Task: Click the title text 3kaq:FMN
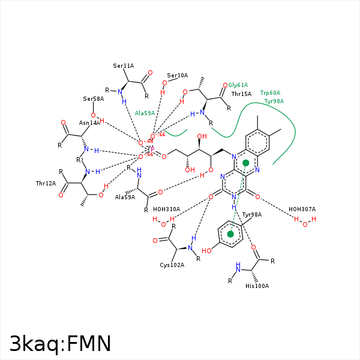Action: (x=60, y=343)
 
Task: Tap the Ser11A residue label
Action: (x=124, y=65)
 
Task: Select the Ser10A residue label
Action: (x=178, y=76)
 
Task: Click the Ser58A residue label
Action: (x=94, y=98)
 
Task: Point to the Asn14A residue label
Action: (x=89, y=122)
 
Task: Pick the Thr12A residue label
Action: (x=46, y=183)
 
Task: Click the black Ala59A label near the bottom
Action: (x=125, y=197)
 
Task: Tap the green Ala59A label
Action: (x=145, y=113)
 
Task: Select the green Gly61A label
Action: (x=238, y=85)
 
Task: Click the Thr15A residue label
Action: (x=241, y=94)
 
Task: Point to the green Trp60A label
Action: (x=270, y=93)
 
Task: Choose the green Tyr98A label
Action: (x=274, y=101)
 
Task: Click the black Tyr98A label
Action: (x=252, y=214)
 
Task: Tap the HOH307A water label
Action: (x=302, y=209)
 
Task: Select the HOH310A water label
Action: (x=166, y=209)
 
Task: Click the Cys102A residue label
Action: (x=172, y=265)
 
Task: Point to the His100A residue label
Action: (x=257, y=286)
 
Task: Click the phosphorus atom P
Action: (x=152, y=149)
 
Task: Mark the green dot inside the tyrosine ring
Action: (x=230, y=234)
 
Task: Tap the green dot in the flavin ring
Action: (x=245, y=163)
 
